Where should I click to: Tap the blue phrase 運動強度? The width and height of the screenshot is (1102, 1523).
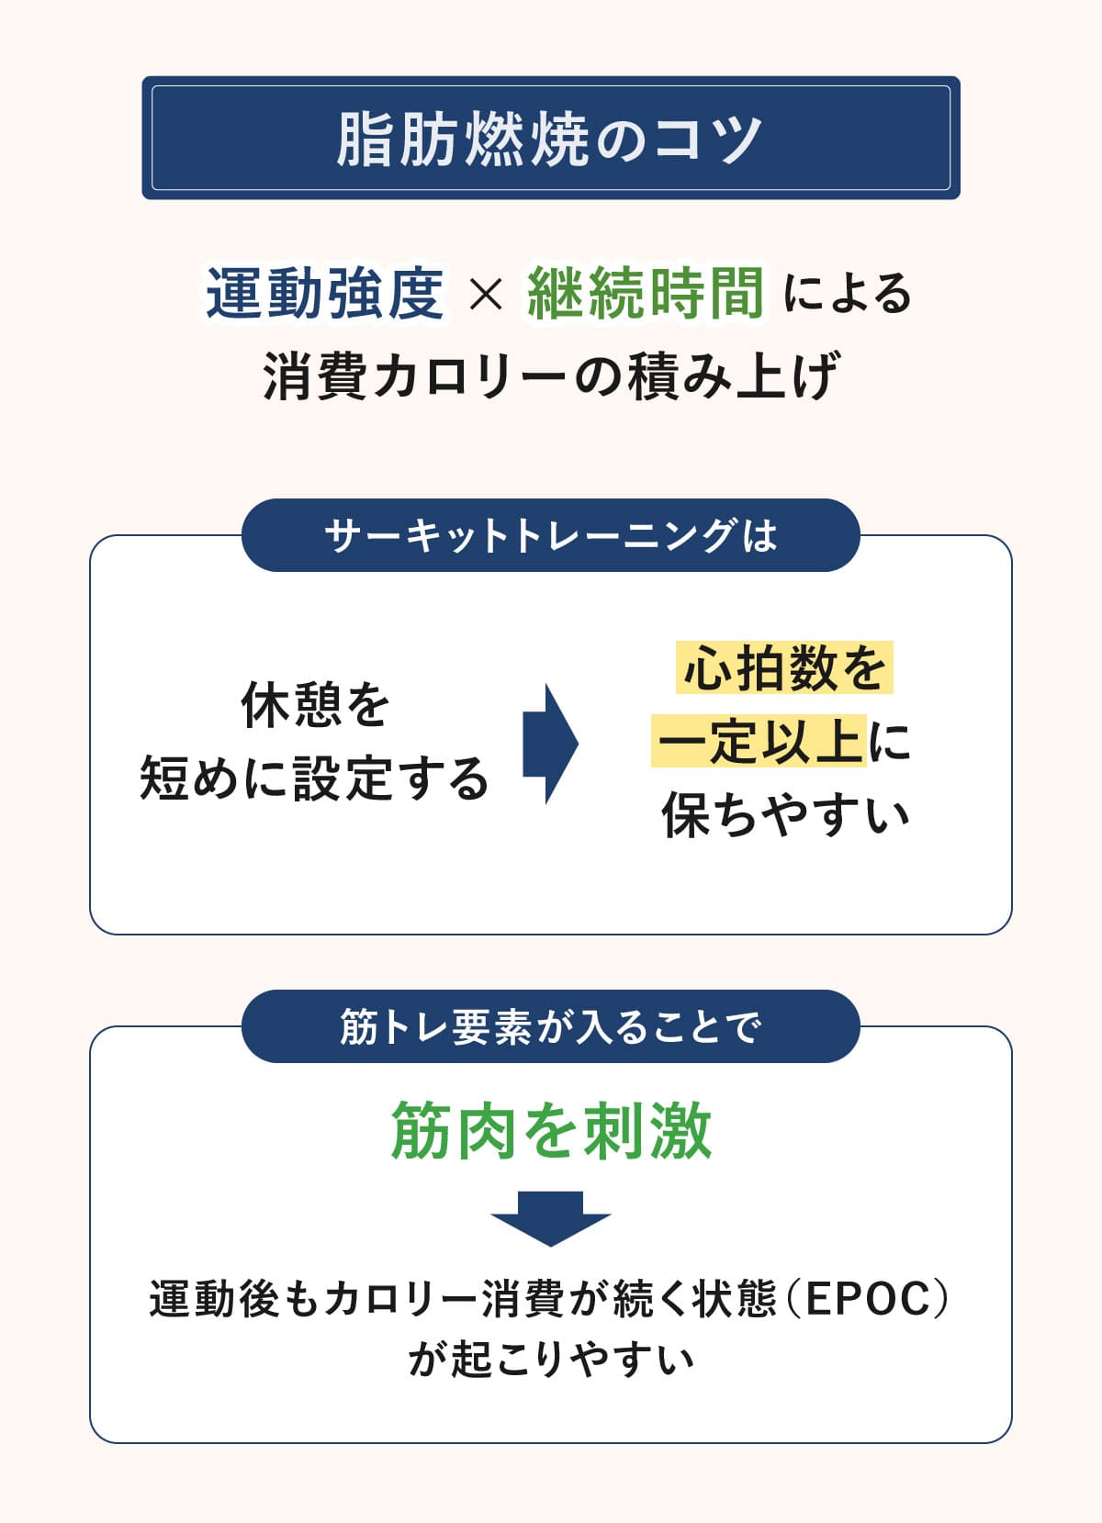325,294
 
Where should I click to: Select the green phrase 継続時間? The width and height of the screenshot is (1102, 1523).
646,294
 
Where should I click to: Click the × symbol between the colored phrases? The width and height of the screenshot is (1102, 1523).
486,295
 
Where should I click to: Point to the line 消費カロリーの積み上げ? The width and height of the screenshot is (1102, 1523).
551,375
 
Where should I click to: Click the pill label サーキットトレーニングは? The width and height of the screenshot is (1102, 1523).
550,535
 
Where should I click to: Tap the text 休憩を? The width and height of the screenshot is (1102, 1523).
316,705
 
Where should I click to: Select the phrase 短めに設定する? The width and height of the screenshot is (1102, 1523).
314,778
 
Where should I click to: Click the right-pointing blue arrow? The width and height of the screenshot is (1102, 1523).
550,744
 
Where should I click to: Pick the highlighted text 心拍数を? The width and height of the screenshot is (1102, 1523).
784,667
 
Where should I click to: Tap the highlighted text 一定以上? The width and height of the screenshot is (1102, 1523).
759,741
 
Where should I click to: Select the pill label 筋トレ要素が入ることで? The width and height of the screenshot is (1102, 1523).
550,1026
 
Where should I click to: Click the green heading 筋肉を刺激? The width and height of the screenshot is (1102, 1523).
551,1130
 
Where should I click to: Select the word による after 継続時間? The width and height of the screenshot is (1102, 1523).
847,295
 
